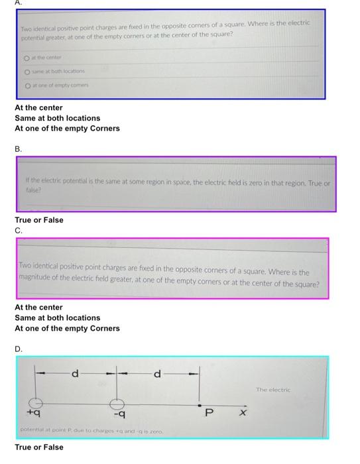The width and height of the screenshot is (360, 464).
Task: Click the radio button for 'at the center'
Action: [x=28, y=58]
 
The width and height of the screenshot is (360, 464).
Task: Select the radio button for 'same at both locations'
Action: [x=28, y=72]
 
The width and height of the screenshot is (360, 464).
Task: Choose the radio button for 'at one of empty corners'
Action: [x=28, y=86]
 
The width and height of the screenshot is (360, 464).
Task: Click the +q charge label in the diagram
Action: [x=34, y=414]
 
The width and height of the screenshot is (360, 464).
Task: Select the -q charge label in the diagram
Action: [x=120, y=415]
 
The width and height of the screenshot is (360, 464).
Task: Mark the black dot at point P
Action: [x=200, y=404]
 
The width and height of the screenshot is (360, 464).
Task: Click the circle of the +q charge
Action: [x=37, y=403]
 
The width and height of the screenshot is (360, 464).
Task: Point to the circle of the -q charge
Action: [x=117, y=403]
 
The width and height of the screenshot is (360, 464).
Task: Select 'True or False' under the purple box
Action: [x=39, y=220]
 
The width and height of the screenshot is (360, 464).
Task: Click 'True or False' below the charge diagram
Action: [x=39, y=447]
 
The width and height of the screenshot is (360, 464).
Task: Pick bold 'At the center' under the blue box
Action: [x=38, y=107]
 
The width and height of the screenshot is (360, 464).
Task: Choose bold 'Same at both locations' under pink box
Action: [x=58, y=318]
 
